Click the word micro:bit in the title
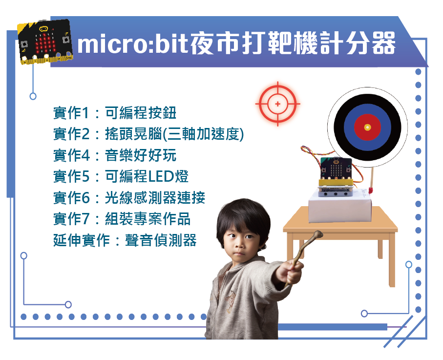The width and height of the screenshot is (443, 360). [x=132, y=44]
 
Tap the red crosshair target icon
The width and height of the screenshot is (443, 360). [x=278, y=104]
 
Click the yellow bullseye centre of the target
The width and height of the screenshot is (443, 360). [x=367, y=127]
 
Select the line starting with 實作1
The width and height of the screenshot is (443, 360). [x=115, y=113]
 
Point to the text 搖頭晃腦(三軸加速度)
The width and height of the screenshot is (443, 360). [x=174, y=134]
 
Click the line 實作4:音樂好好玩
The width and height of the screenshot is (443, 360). [x=115, y=155]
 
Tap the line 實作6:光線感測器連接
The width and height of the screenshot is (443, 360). [x=129, y=197]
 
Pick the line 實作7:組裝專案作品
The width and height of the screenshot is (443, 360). [x=122, y=219]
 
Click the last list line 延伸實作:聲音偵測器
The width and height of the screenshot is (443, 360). [x=125, y=240]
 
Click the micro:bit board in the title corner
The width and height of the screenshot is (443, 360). [x=45, y=42]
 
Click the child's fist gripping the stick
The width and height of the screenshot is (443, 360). [x=290, y=272]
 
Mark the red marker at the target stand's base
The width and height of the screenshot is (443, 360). [x=371, y=190]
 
